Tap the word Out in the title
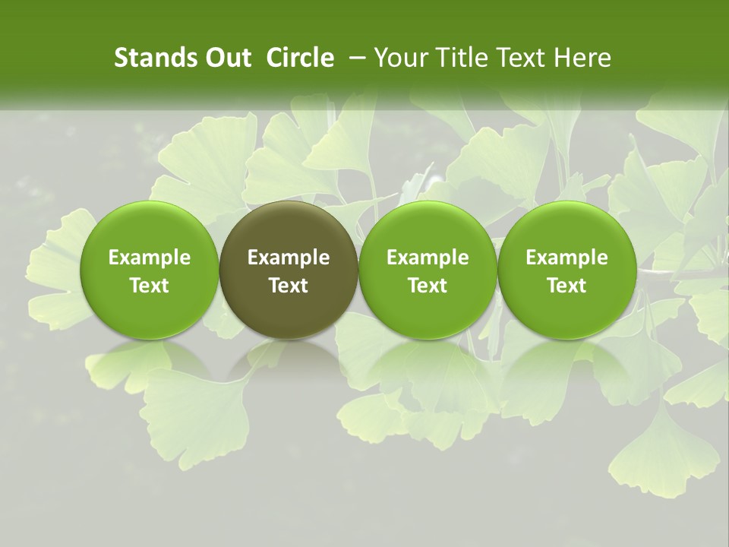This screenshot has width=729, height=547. click(226, 58)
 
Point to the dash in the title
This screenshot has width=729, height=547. click(355, 58)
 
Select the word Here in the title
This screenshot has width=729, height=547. click(582, 58)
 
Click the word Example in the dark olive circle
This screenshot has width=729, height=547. click(289, 258)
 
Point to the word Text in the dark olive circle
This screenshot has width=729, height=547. click(289, 286)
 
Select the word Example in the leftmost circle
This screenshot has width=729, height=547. click(149, 258)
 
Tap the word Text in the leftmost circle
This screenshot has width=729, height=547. click(149, 286)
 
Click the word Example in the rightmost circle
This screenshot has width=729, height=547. click(566, 258)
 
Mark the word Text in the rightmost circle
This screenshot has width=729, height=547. click(566, 286)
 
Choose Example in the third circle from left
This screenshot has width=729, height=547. click(428, 258)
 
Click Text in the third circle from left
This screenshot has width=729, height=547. click(428, 286)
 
